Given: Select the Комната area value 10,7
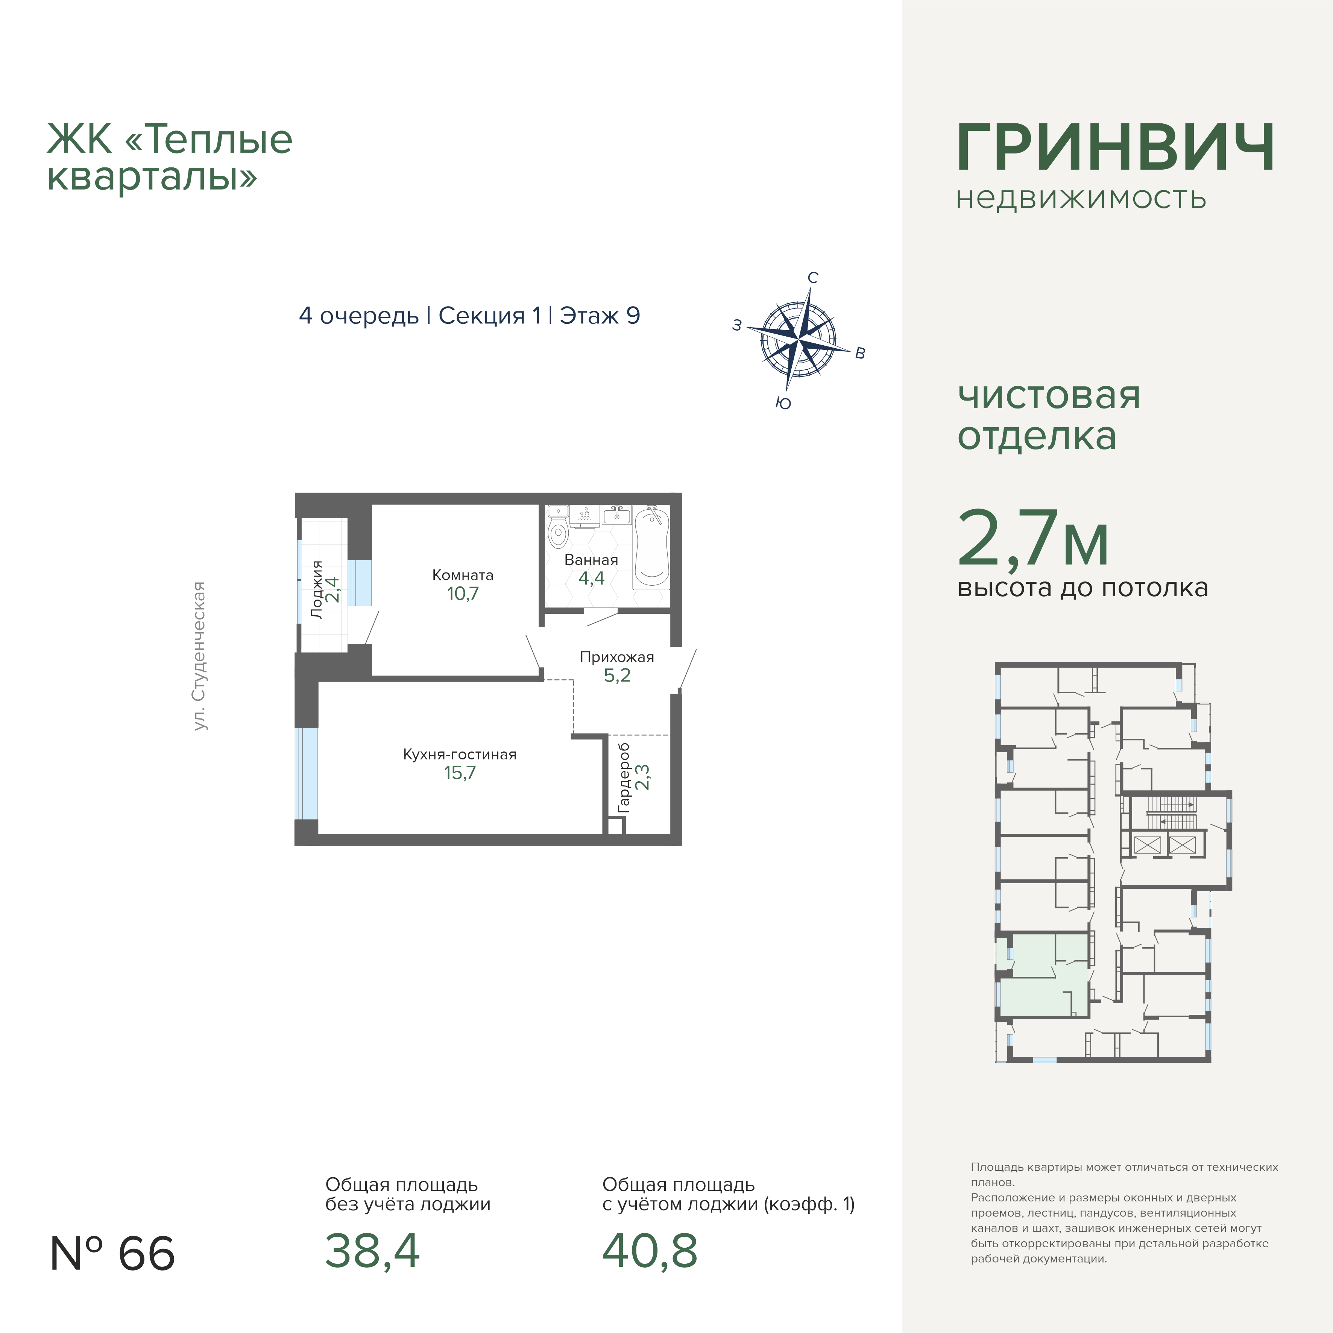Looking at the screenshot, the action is [x=462, y=594].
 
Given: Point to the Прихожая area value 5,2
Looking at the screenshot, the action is [x=617, y=676].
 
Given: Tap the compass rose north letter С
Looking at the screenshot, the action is [x=813, y=277].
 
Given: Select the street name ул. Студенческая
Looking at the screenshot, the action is [x=199, y=656].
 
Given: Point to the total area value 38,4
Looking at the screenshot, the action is [x=373, y=1251].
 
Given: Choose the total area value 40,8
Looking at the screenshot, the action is [x=650, y=1251].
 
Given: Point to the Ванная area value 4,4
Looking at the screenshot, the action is [x=591, y=578].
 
